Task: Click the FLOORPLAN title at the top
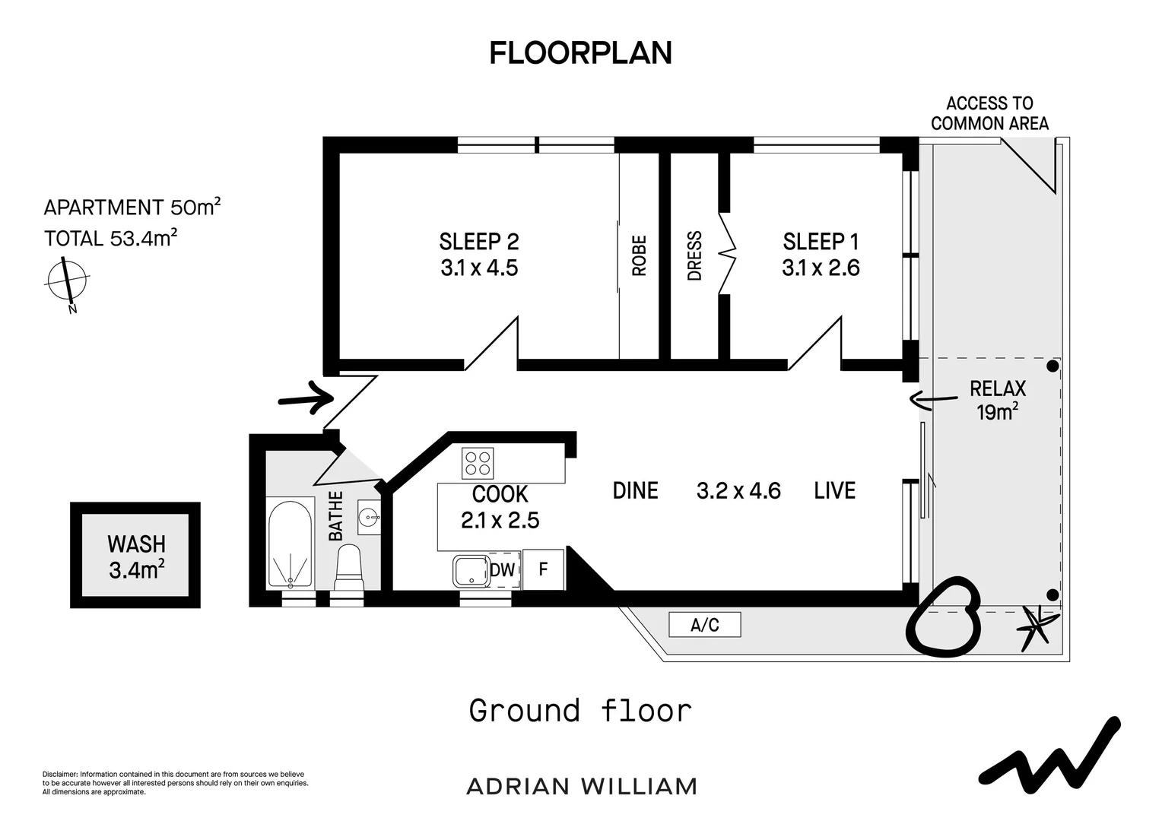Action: click(580, 53)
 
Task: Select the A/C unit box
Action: click(704, 625)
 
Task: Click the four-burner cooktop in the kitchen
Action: click(478, 463)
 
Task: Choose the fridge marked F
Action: click(543, 569)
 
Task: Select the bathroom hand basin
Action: click(369, 517)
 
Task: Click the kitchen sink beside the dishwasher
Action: click(471, 571)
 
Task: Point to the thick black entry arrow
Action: click(306, 398)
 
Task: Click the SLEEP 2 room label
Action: click(479, 242)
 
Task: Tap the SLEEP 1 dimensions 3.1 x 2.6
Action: click(821, 268)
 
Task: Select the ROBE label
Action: click(639, 255)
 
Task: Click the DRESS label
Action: click(694, 255)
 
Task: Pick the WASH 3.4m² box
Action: click(135, 555)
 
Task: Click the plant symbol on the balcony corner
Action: click(1036, 628)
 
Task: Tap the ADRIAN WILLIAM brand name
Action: click(582, 787)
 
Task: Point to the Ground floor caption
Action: click(580, 711)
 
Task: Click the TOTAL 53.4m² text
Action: click(110, 238)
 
